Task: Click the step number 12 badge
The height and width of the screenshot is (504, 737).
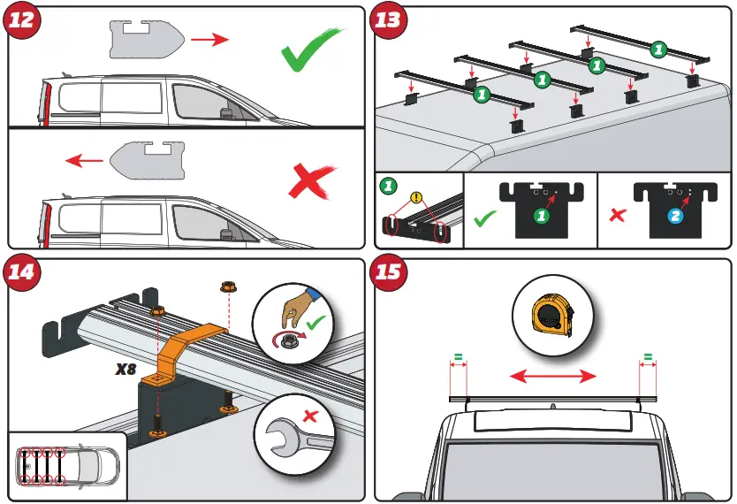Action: pos(23,22)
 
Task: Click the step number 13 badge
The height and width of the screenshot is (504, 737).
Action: pos(388,22)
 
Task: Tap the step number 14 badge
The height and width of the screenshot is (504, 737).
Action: pos(23,273)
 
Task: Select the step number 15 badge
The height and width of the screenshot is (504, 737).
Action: pos(388,273)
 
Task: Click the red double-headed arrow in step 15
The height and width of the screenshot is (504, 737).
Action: pos(553,376)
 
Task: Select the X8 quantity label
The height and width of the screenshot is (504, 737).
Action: pos(126,370)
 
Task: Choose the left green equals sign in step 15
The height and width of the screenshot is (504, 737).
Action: pos(458,359)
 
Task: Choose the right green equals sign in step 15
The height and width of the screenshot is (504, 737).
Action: pos(648,359)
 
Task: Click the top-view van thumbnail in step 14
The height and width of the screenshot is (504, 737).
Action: pos(65,464)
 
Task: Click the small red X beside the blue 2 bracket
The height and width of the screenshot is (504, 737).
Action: pos(618,215)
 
